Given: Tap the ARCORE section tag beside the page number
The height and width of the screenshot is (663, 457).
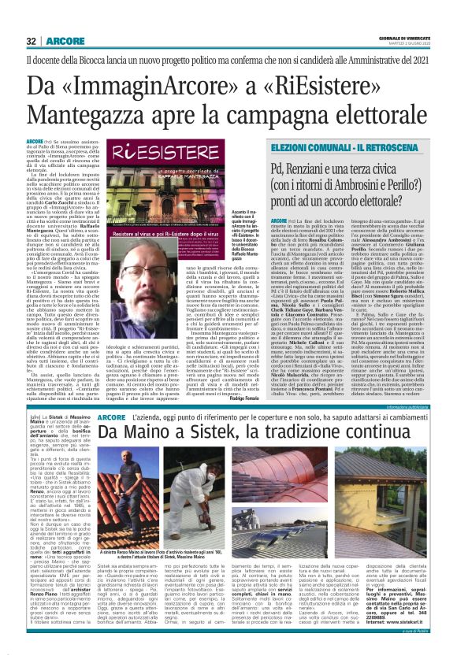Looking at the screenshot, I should click(60, 40).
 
